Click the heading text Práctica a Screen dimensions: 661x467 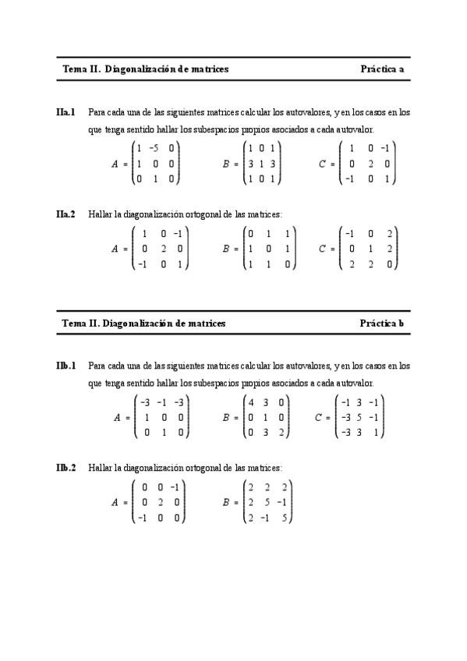pos(382,69)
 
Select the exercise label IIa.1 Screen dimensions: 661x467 pos(65,112)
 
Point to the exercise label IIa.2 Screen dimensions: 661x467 pos(65,214)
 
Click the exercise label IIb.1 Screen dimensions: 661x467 pos(65,365)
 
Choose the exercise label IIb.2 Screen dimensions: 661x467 pos(65,468)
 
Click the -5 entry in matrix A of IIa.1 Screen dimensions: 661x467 pos(154,148)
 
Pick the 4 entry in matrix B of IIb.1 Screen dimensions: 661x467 pos(252,402)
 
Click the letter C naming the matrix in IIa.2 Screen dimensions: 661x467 pos(322,249)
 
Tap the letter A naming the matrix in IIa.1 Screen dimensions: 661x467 pos(115,164)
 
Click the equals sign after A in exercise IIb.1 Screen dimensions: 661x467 pos(127,418)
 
